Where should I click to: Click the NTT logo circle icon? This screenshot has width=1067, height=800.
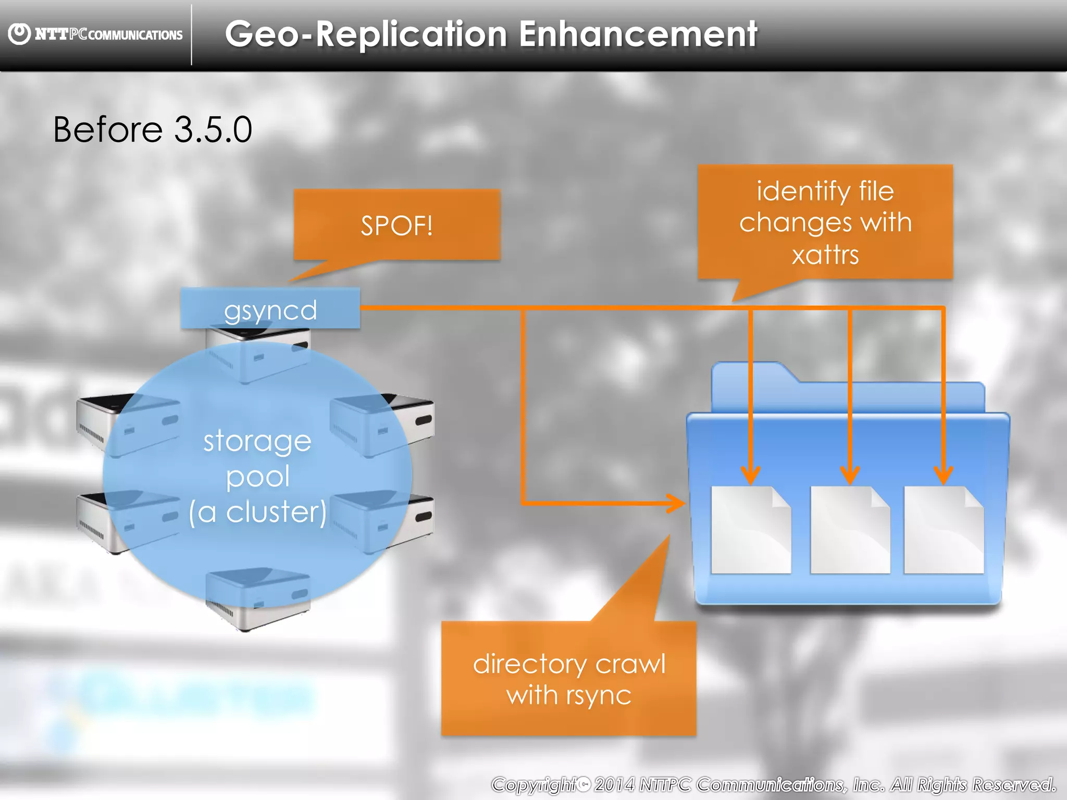click(20, 34)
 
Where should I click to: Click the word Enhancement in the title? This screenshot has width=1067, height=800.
click(638, 34)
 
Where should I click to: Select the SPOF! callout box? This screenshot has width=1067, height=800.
click(396, 225)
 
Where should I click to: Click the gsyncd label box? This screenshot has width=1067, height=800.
click(270, 309)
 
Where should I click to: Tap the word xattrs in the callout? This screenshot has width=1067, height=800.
click(825, 255)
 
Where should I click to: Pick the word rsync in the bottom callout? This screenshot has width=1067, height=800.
click(599, 696)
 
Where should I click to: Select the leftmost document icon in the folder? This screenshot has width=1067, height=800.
click(751, 530)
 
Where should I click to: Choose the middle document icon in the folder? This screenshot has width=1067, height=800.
click(850, 530)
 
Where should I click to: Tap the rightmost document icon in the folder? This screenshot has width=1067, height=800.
click(944, 530)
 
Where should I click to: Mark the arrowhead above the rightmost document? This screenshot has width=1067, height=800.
click(944, 475)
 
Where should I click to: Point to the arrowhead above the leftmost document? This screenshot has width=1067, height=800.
click(751, 475)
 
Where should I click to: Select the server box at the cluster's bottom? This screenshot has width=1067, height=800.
click(258, 599)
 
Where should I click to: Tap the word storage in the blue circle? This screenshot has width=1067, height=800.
click(257, 442)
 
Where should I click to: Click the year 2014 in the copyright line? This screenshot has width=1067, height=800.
click(614, 784)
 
